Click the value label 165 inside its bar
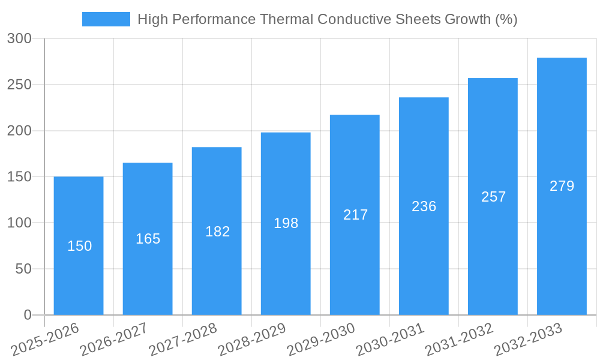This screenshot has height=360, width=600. point(148,239)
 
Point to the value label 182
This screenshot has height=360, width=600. point(217,232)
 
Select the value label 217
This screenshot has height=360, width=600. point(355,215)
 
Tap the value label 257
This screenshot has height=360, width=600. point(493,197)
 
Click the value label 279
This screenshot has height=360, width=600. point(562,186)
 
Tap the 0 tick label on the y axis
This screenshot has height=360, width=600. point(28,315)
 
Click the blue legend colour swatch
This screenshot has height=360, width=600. point(106,19)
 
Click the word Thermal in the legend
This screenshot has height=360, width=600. point(286,19)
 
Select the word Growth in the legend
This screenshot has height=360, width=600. point(467,19)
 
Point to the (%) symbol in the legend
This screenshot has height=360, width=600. point(506,19)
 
